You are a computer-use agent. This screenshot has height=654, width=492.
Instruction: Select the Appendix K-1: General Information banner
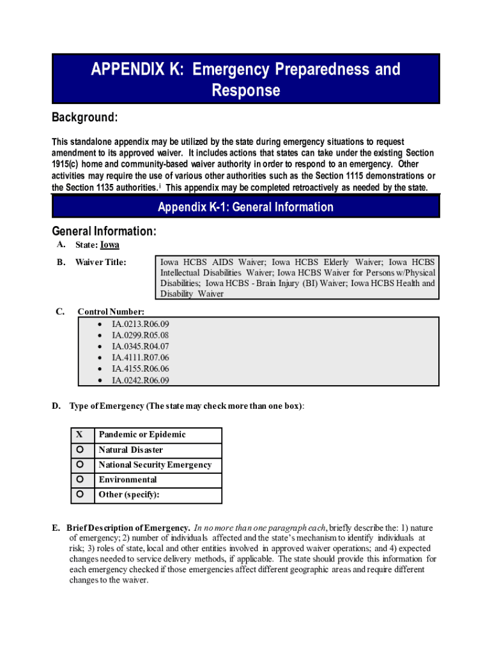(245, 207)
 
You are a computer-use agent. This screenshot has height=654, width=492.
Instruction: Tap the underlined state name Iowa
(110, 245)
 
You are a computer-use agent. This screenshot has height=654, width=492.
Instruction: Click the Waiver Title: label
(100, 262)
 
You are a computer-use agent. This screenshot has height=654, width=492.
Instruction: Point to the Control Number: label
(111, 312)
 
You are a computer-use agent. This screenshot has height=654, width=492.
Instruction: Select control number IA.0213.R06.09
(140, 323)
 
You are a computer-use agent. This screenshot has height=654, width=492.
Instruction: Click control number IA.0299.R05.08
(140, 335)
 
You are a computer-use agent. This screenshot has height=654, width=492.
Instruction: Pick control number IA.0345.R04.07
(140, 346)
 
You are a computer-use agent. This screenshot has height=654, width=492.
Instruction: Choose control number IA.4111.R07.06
(140, 358)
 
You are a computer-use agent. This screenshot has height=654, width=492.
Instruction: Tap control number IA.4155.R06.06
(140, 369)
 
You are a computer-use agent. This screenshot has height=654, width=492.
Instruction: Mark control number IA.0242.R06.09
(140, 381)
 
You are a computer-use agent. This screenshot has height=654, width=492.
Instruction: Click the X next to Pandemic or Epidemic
(80, 435)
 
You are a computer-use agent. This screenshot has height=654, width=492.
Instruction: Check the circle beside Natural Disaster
(80, 450)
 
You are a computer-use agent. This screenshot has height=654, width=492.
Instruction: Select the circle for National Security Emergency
(80, 464)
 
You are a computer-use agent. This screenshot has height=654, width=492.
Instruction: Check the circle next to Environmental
(80, 479)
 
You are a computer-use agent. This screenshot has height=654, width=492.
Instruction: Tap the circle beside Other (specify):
(80, 494)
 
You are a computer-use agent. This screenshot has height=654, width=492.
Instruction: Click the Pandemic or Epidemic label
(142, 435)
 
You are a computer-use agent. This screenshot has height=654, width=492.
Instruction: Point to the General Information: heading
(104, 231)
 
